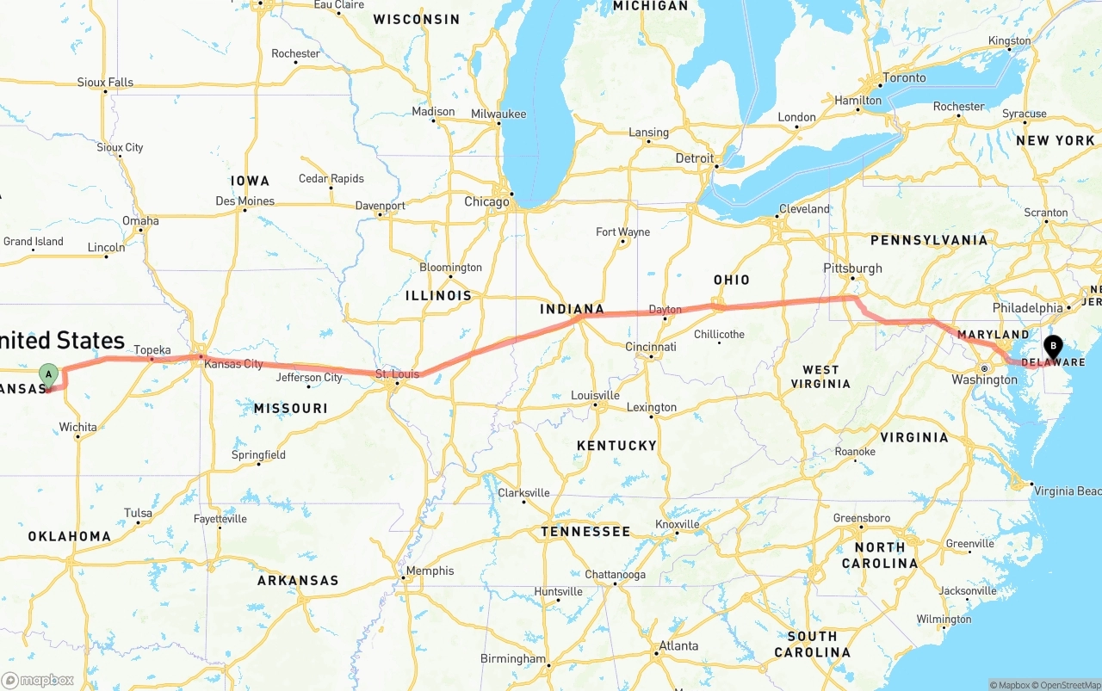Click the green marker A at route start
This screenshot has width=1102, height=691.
49,374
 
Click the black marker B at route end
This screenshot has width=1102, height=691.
1052,347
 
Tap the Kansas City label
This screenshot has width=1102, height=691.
233,364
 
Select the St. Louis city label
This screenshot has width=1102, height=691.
397,374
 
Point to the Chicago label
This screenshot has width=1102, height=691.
486,202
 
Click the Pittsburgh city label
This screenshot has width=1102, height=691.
852,268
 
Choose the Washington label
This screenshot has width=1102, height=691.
984,379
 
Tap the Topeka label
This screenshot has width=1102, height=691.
152,350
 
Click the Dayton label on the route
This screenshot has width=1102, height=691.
665,310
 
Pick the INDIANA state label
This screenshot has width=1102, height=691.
572,309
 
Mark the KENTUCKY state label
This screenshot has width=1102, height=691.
616,446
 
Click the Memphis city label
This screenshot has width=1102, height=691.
430,571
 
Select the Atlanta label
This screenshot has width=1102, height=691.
678,646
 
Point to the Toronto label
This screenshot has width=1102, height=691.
904,78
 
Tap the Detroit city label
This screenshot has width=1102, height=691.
694,158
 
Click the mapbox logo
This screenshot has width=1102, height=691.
38,680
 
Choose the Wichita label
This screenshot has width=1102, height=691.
77,428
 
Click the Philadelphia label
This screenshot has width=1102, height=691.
1027,308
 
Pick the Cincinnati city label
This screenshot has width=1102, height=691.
651,347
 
